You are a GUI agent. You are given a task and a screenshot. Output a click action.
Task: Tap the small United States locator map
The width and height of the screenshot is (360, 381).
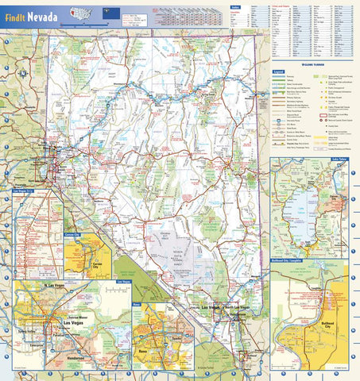(80, 13)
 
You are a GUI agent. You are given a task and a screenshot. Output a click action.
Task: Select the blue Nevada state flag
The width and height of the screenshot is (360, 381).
(103, 13)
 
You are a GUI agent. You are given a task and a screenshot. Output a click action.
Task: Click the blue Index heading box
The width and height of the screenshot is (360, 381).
(234, 7)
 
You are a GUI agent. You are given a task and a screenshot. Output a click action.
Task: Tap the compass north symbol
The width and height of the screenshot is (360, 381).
(24, 75)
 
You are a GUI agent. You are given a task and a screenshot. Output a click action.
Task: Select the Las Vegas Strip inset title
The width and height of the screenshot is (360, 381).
(24, 191)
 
